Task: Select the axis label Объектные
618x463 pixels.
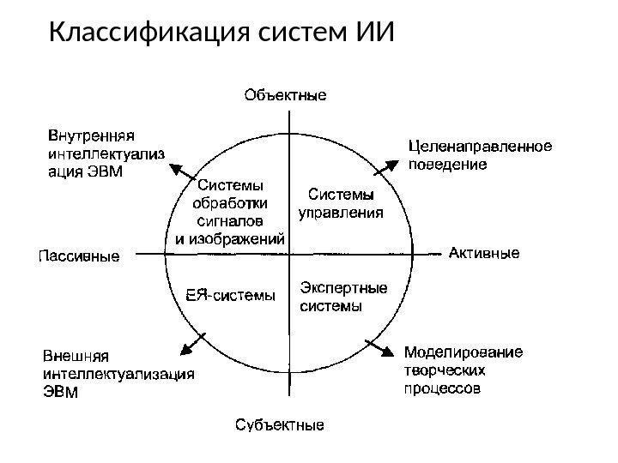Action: click(x=286, y=94)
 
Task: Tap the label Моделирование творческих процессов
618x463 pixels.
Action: click(x=463, y=370)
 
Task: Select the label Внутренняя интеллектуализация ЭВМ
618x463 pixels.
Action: click(x=105, y=153)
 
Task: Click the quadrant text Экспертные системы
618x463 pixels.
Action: click(x=342, y=296)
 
